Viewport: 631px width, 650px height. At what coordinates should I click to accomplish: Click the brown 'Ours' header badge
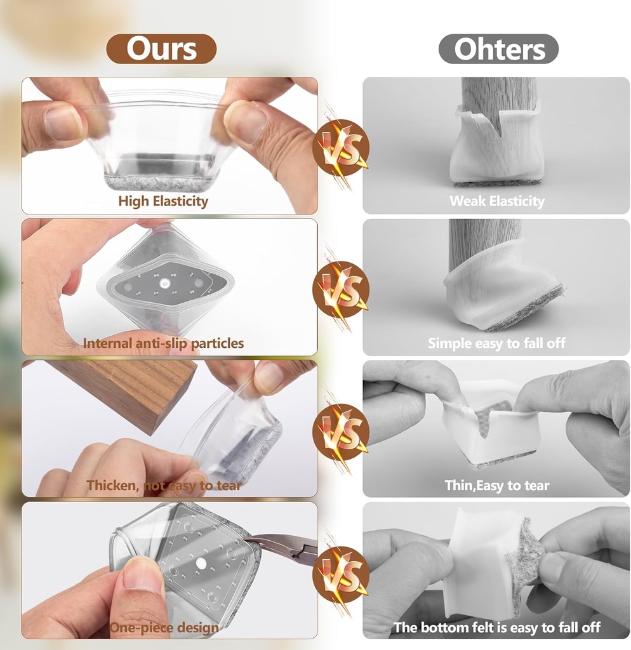(161, 49)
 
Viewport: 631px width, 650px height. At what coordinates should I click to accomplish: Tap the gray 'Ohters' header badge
(498, 49)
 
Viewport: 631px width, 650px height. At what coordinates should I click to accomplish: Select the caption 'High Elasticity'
(163, 201)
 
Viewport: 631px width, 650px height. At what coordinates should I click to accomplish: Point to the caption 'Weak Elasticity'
(497, 201)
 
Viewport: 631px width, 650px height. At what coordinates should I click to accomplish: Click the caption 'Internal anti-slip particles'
(163, 343)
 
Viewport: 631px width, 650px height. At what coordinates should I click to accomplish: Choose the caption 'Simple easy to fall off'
(496, 343)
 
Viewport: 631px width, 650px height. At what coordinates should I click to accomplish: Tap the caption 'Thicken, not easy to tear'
(164, 486)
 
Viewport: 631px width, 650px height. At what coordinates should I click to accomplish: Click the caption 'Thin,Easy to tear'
(497, 486)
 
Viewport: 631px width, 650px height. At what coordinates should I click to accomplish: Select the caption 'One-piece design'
(164, 628)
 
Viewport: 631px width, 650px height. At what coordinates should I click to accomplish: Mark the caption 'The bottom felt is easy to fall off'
(497, 628)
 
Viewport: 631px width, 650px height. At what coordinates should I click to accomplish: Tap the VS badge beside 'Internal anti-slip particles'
(341, 289)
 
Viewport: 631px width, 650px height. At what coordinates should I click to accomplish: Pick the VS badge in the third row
(341, 432)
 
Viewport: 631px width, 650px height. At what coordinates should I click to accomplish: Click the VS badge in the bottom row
(341, 574)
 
